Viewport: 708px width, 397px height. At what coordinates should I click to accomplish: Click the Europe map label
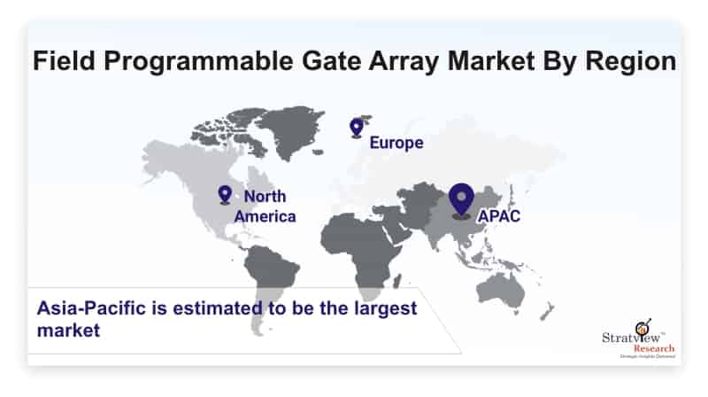point(396,142)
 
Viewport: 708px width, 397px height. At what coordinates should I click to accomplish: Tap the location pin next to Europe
point(356,128)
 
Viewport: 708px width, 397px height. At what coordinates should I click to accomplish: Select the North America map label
point(263,205)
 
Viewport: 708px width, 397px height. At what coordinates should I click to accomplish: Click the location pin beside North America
point(225,194)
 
